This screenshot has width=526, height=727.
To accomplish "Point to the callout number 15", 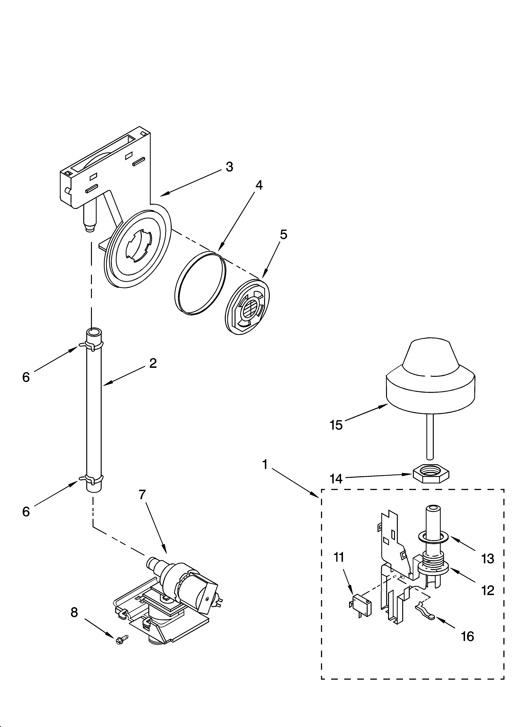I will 336,425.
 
